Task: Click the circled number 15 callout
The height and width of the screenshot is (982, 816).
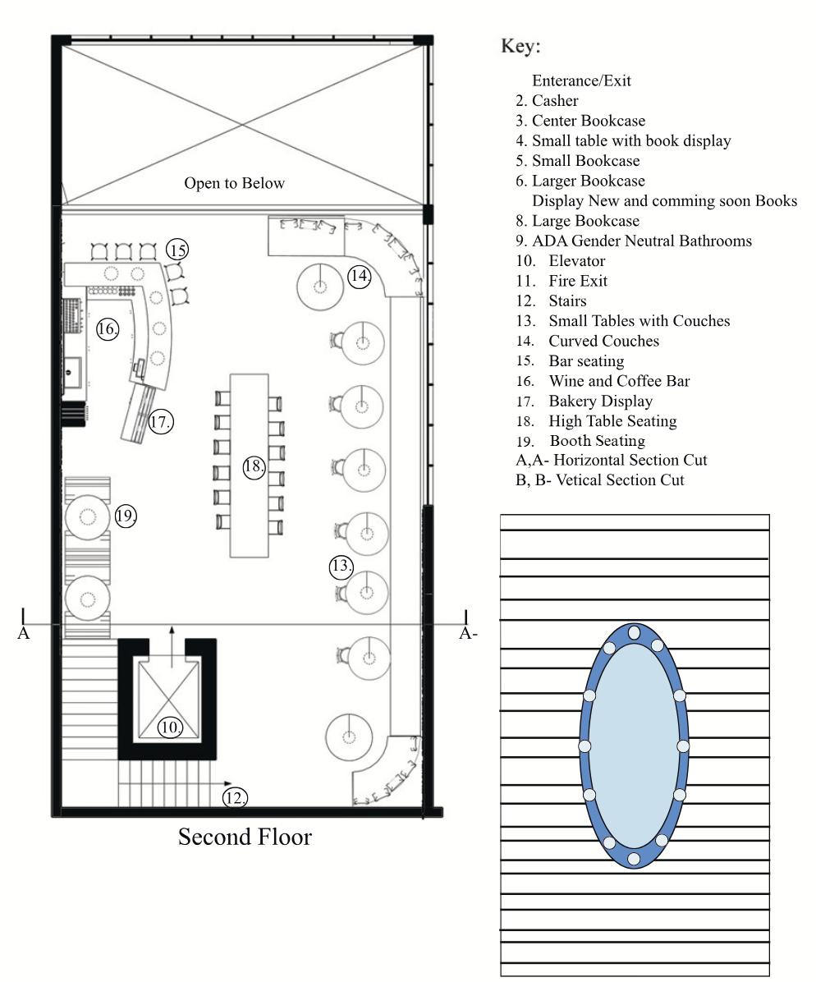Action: point(177,250)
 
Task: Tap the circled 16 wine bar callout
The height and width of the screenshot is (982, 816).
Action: point(107,328)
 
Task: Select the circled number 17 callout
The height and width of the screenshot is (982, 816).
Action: point(160,421)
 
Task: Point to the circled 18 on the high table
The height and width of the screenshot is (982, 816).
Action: point(254,466)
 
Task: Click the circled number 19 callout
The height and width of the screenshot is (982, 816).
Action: point(126,516)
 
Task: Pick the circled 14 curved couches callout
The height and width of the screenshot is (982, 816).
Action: point(360,276)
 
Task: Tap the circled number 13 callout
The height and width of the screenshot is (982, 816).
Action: point(342,567)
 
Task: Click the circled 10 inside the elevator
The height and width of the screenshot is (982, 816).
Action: point(170,727)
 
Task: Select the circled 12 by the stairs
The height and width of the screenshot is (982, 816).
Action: point(235,797)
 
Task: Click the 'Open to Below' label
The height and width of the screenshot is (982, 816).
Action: point(234,183)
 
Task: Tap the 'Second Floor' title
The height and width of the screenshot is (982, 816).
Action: point(245,837)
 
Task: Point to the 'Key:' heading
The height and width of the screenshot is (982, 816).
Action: point(520,46)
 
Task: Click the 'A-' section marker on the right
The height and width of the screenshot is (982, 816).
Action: point(468,633)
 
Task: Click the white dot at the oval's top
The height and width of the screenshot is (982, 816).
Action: point(635,632)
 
